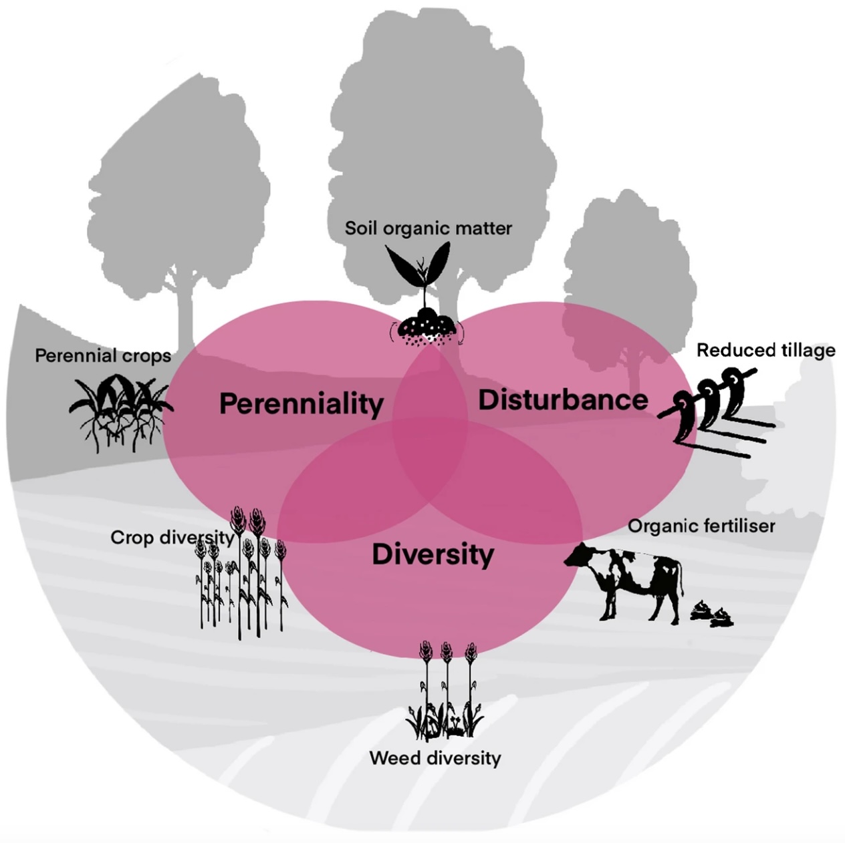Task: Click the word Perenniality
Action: coord(301,404)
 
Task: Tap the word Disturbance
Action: coord(563,400)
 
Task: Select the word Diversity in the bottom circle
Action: coord(433,554)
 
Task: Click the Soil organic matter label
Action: coord(428,228)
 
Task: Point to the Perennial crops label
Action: coord(103,355)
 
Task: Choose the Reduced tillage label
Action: coord(765,351)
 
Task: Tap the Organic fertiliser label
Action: coord(701,526)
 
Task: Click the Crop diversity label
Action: coord(172,538)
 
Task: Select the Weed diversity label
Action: coord(435,758)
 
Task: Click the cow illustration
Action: coord(628,578)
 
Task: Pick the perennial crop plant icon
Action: coord(118,411)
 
